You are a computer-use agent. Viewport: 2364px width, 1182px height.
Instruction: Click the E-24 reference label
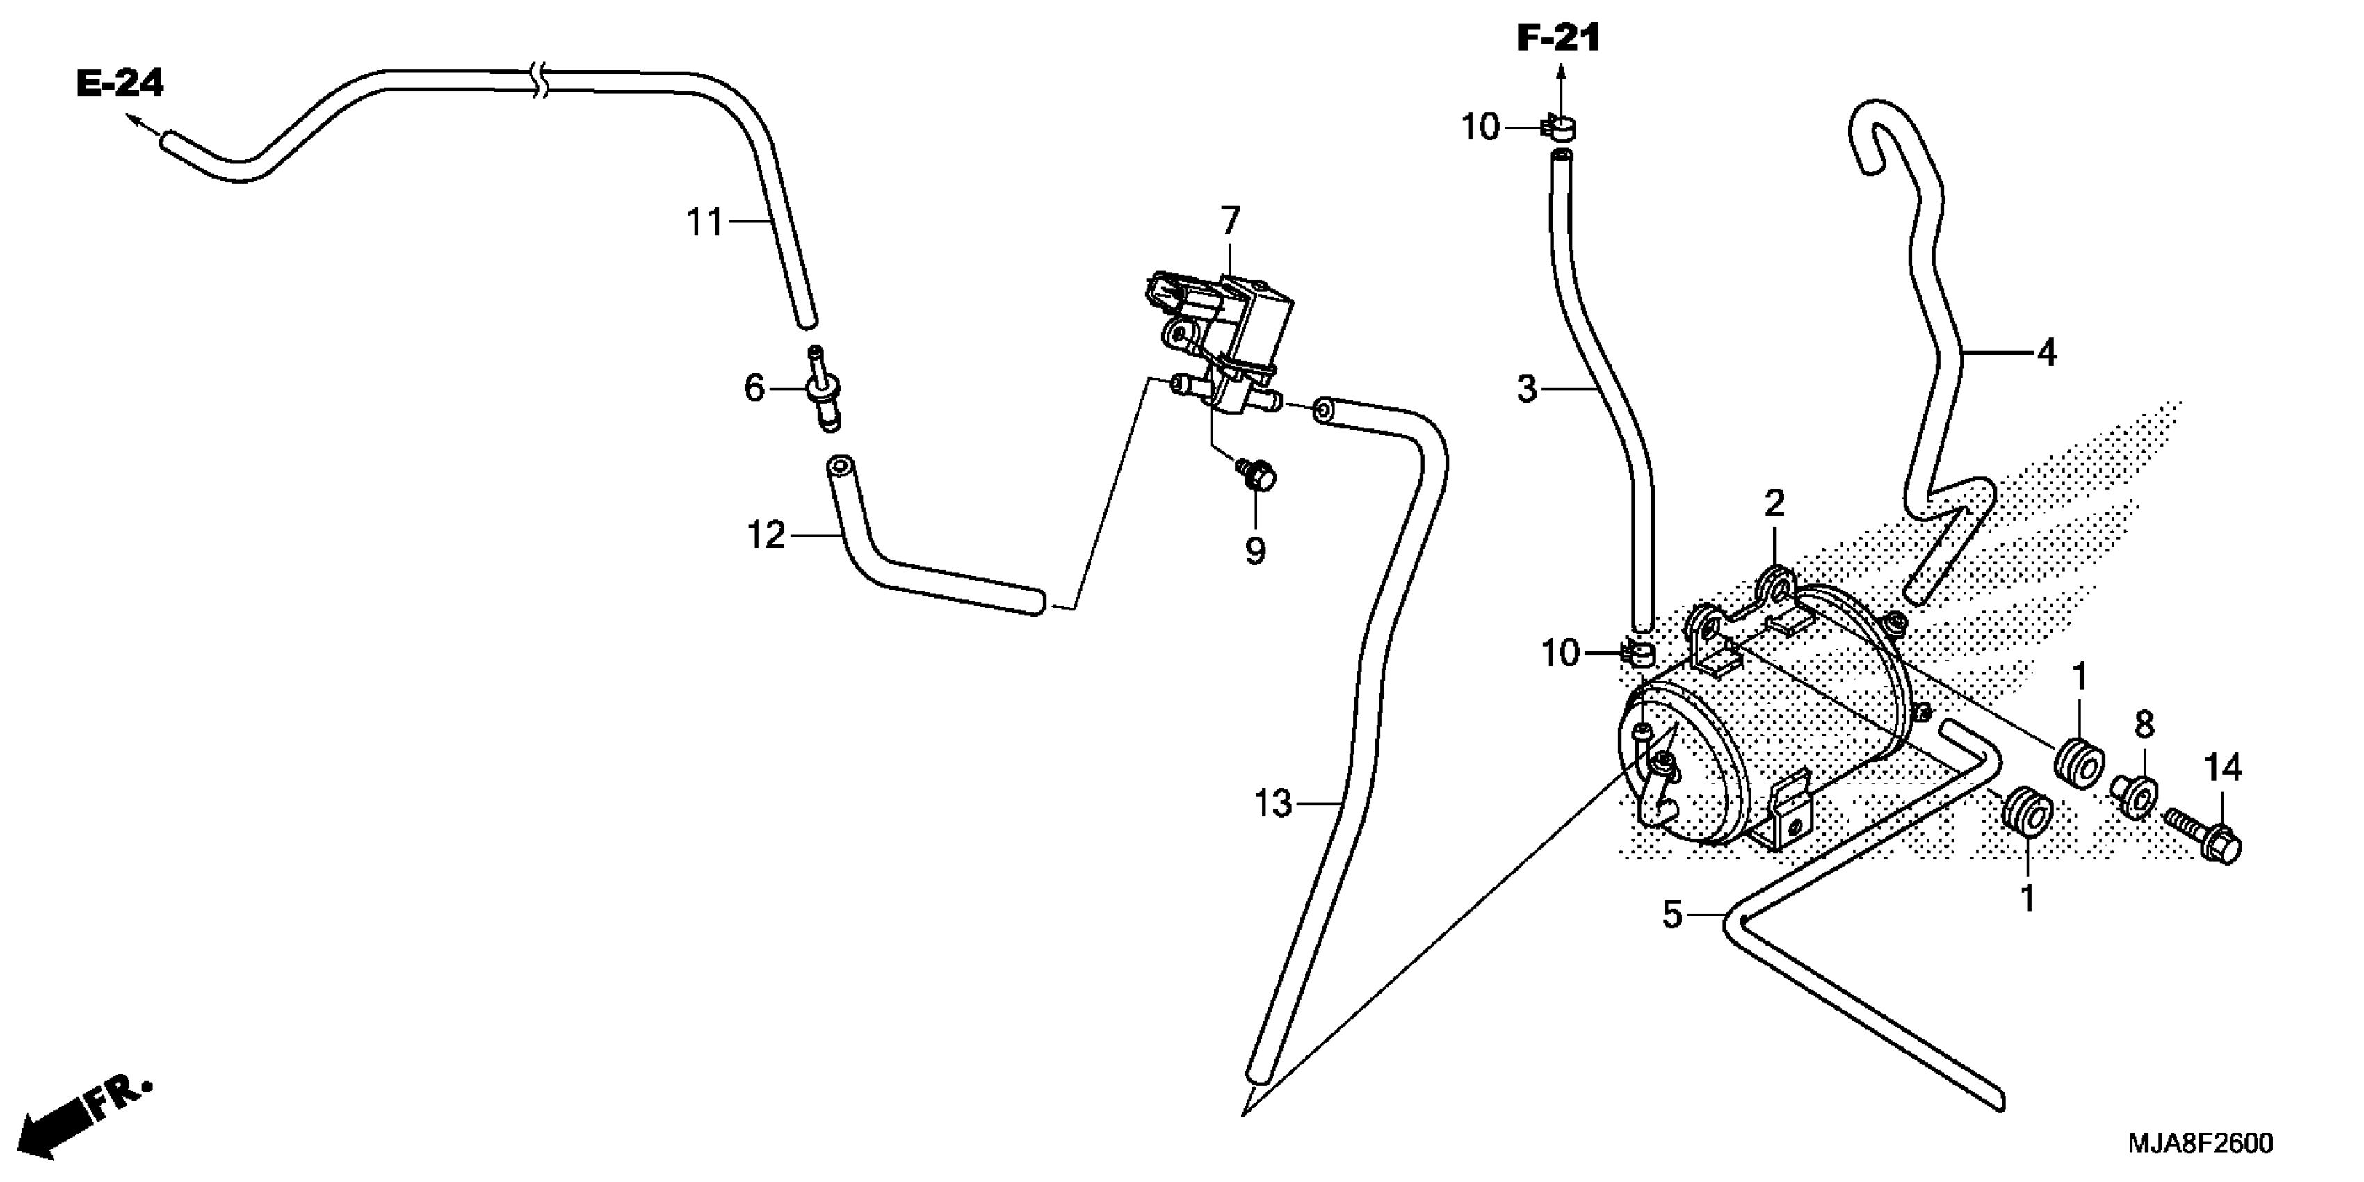coord(120,84)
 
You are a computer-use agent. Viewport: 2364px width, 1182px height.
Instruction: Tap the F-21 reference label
coord(1558,38)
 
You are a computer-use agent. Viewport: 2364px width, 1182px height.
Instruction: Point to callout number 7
coord(1230,221)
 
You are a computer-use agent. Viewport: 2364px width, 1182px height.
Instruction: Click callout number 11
coord(706,222)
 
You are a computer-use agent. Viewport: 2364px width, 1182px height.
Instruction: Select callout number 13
coord(1273,804)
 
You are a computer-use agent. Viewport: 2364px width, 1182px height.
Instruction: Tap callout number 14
coord(2223,767)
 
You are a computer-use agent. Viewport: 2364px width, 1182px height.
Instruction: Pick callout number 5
coord(1672,914)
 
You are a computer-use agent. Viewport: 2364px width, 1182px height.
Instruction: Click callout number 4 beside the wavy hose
coord(2046,353)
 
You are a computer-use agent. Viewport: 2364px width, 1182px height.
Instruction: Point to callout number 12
coord(766,534)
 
